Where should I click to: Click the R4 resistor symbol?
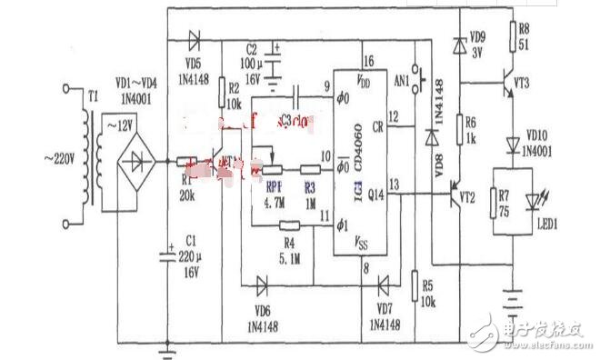pyautogui.click(x=290, y=225)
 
